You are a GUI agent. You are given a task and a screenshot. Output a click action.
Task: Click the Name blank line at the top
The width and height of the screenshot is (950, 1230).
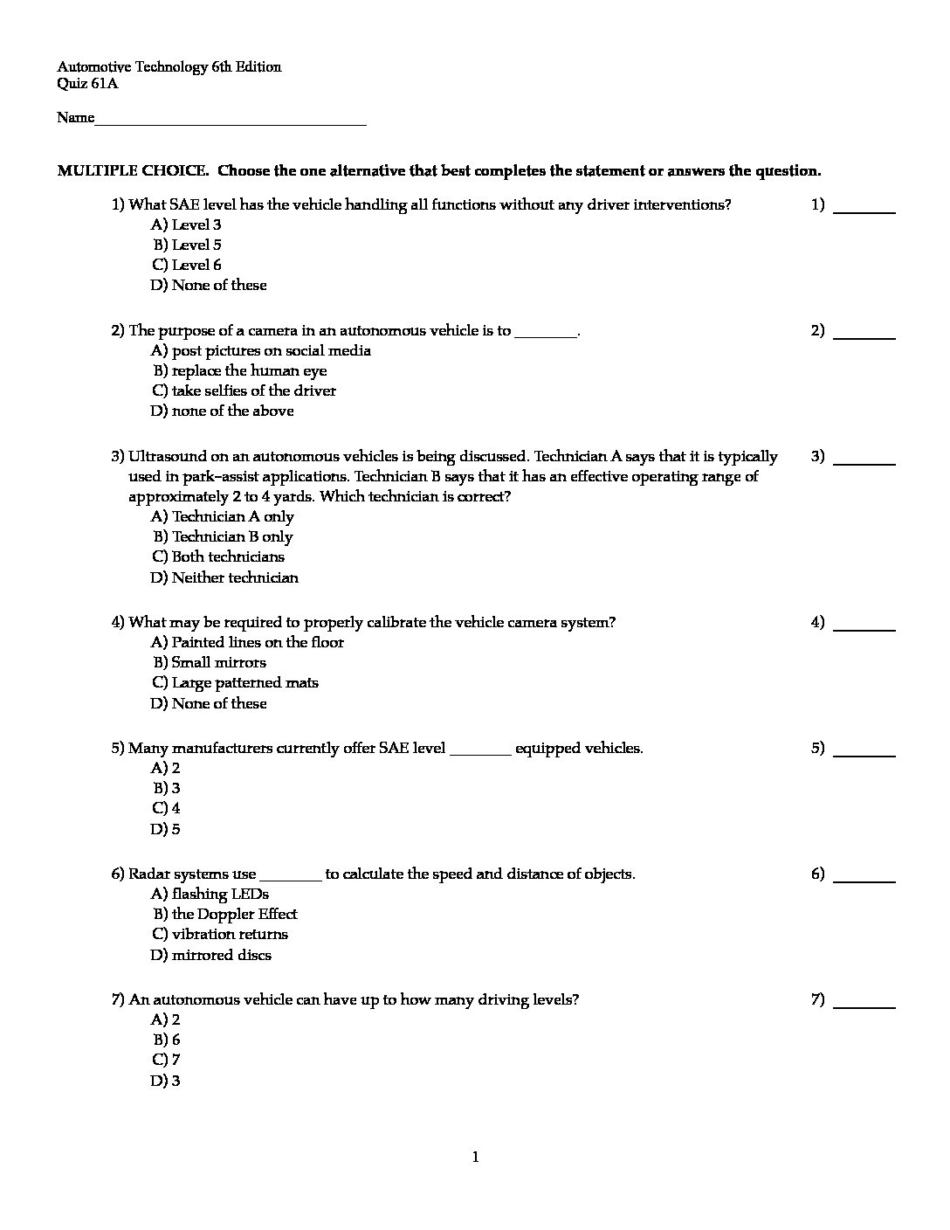[x=230, y=122]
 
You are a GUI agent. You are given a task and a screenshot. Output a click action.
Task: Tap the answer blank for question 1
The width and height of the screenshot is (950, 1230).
[x=864, y=210]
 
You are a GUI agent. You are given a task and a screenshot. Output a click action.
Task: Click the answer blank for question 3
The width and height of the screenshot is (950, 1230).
[x=864, y=461]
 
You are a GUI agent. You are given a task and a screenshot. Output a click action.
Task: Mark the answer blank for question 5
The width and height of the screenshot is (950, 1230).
[x=864, y=753]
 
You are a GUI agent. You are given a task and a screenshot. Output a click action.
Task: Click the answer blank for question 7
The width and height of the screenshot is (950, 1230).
[x=864, y=1005]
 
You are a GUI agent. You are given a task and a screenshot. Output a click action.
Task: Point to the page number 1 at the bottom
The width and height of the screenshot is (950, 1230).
[x=475, y=1158]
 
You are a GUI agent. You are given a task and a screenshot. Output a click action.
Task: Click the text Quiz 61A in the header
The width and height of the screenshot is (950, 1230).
[x=87, y=85]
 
